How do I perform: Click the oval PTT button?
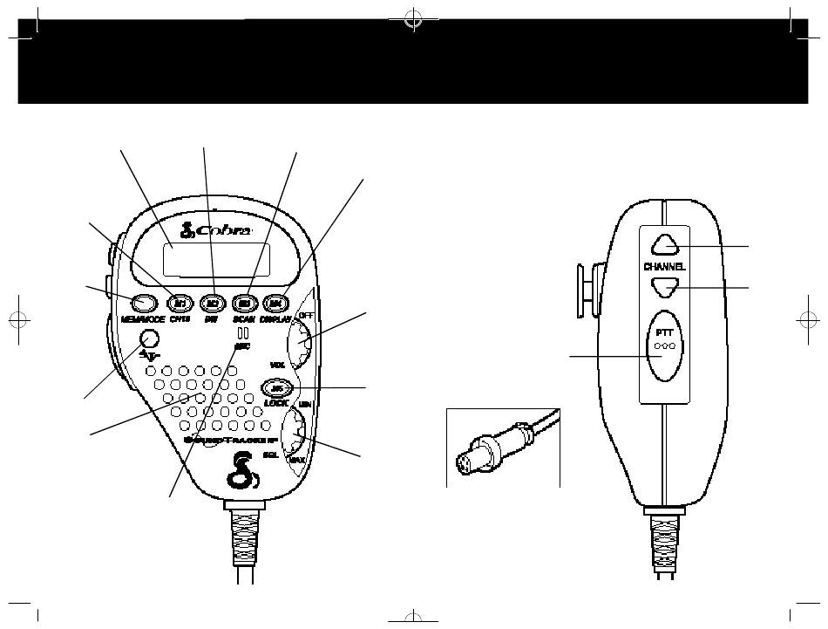point(667,345)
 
